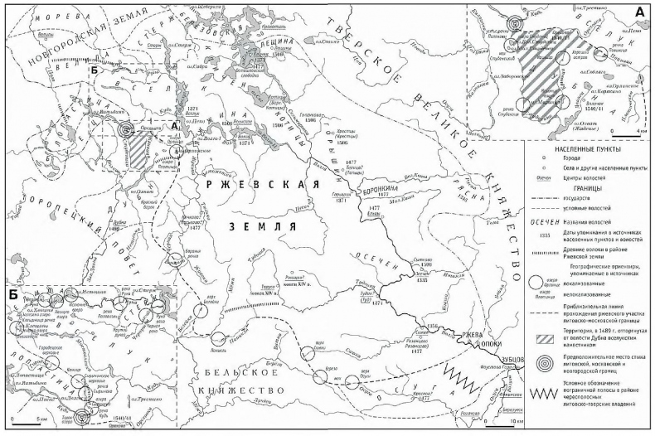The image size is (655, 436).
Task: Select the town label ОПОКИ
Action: [509, 341]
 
